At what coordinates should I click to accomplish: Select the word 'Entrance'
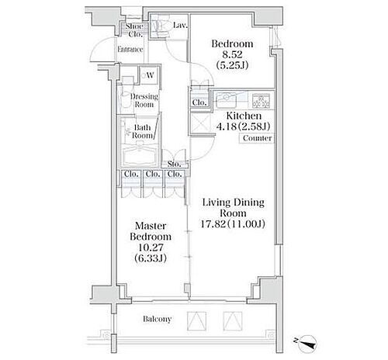[x=130, y=50]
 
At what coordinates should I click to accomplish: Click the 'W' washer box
[x=146, y=76]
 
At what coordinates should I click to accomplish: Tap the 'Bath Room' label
[x=142, y=131]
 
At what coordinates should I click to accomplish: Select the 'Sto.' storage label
[x=175, y=164]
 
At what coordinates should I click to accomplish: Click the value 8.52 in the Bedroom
[x=232, y=55]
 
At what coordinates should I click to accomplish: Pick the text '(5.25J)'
[x=232, y=66]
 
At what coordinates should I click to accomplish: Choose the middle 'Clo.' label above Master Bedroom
[x=152, y=174]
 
